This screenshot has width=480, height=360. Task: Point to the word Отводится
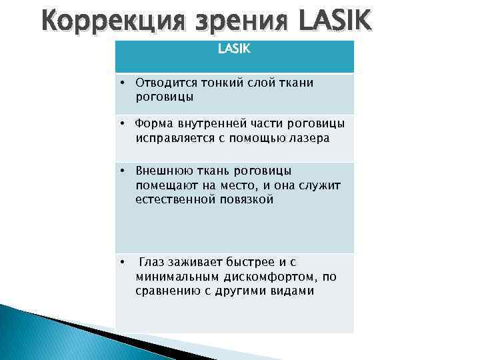tap(162, 83)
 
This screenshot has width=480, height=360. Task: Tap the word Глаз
tap(152, 262)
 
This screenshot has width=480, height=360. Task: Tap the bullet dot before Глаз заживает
tap(124, 262)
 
